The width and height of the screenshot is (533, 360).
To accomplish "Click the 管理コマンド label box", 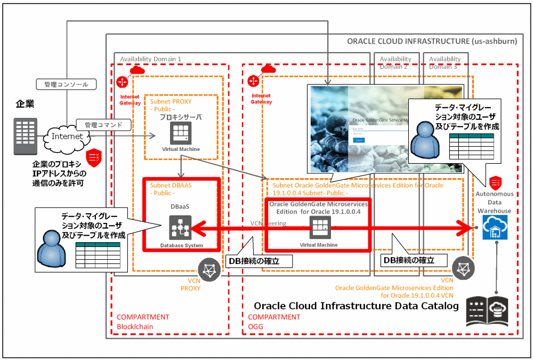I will (x=103, y=125).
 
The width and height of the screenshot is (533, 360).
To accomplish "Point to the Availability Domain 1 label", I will (x=151, y=59).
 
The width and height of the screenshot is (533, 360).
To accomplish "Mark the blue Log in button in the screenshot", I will (x=359, y=140).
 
